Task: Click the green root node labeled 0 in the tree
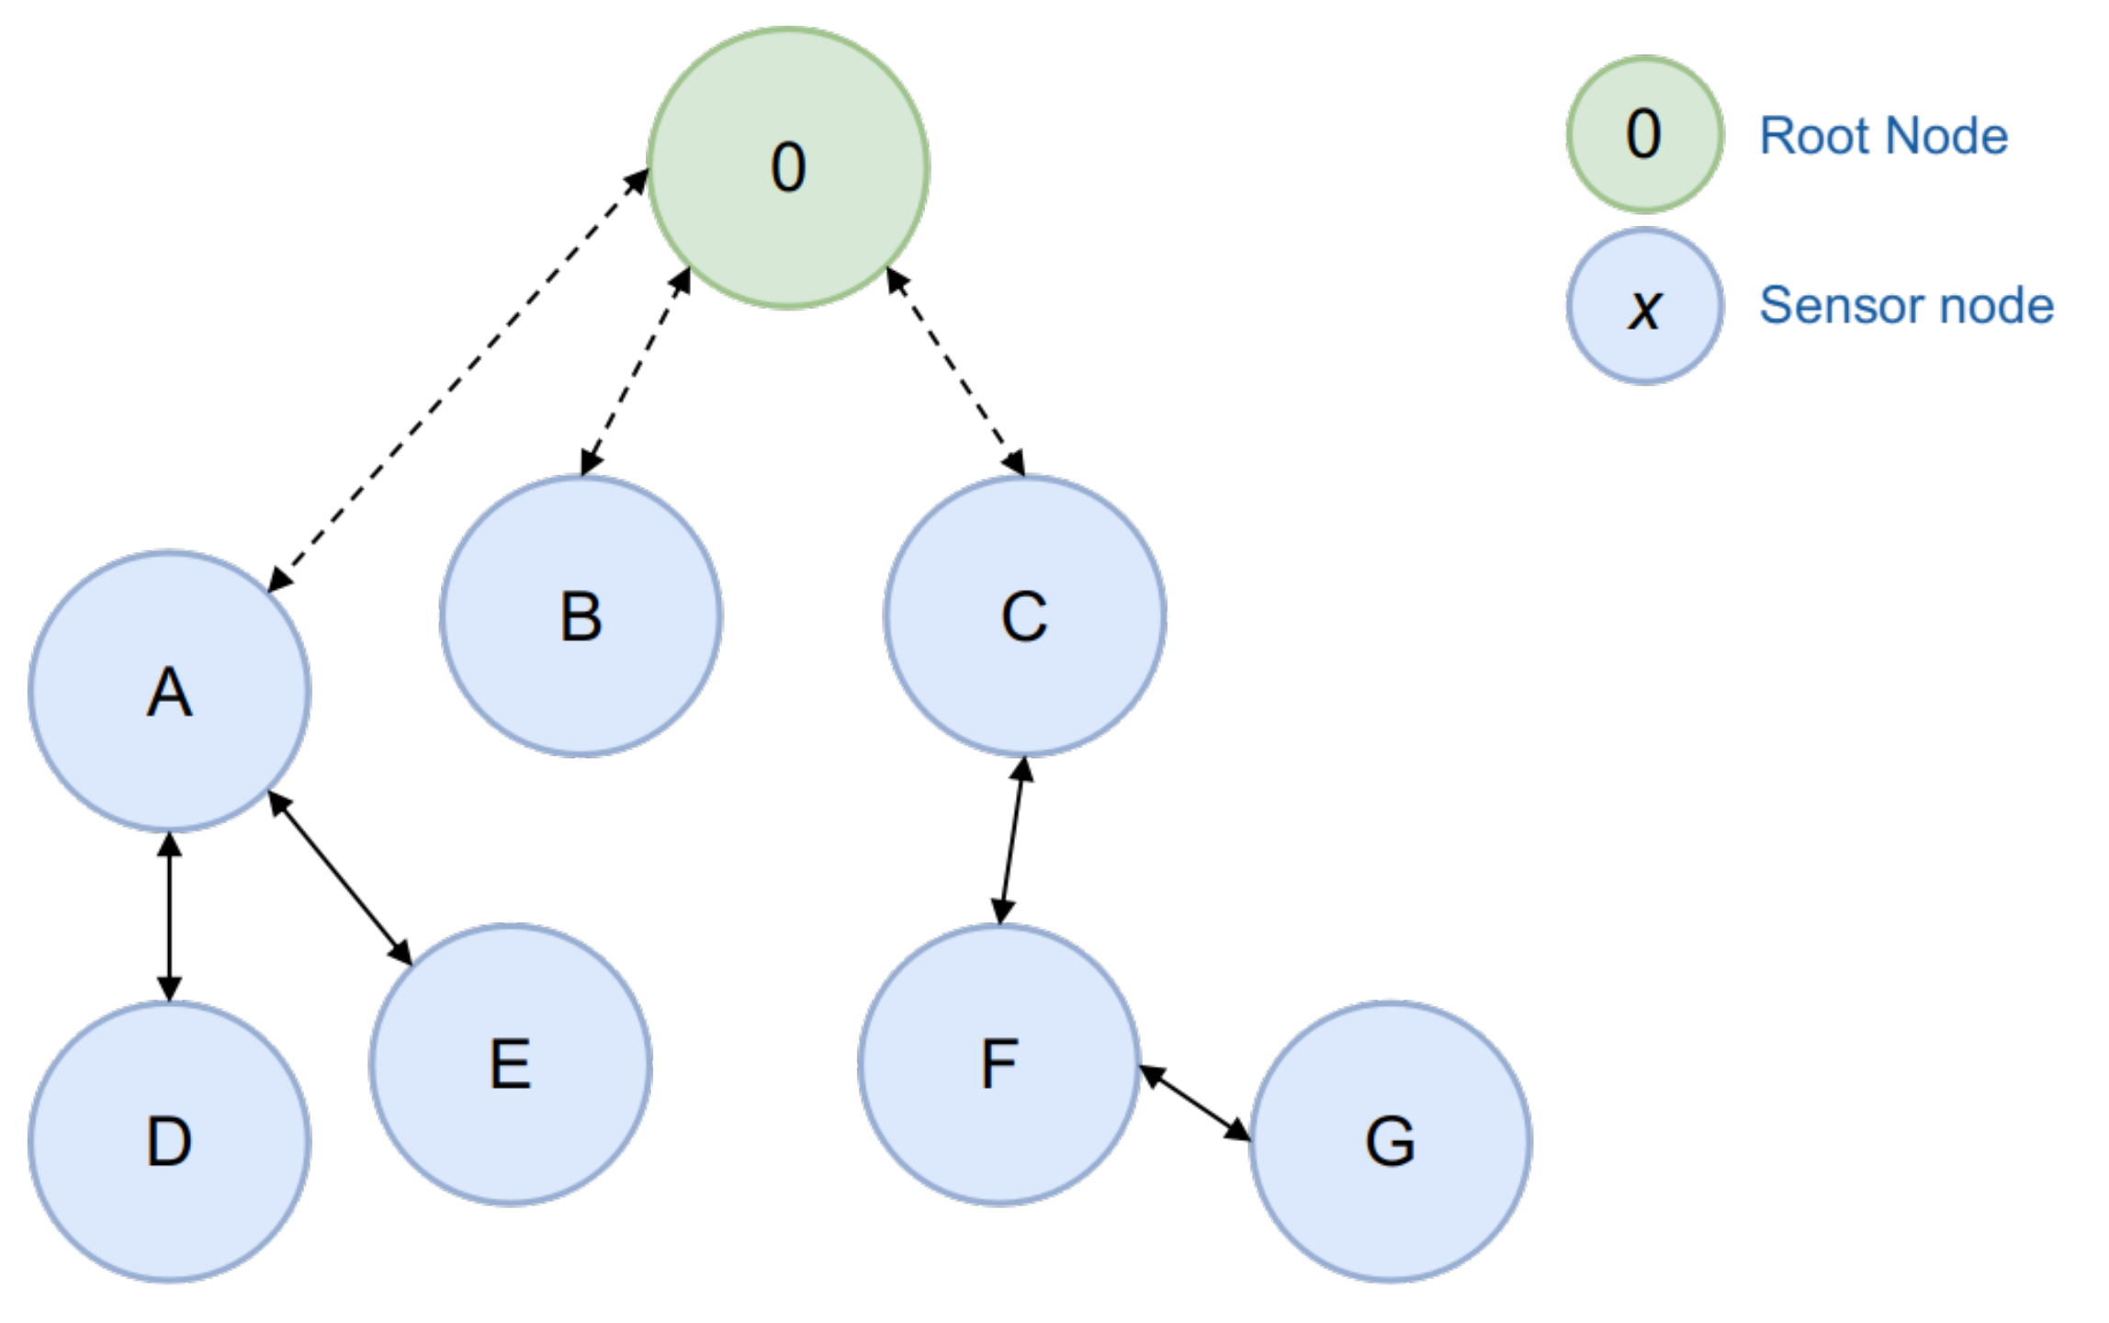point(788,168)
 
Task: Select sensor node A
point(169,691)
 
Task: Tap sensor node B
point(581,616)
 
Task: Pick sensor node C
point(1024,616)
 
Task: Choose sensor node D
point(169,1141)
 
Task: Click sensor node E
point(511,1064)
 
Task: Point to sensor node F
point(999,1064)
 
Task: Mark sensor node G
point(1391,1141)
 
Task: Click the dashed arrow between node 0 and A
point(457,380)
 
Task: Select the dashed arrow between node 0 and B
point(636,372)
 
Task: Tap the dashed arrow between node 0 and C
point(955,371)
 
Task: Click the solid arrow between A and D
point(169,916)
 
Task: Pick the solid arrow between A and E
point(340,878)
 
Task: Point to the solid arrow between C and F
point(1012,841)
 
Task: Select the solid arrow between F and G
point(1194,1102)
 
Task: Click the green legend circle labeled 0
point(1644,134)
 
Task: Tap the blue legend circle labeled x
point(1644,306)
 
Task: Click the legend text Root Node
point(1883,136)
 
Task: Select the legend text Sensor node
point(1906,305)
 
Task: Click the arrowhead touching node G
point(1237,1130)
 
